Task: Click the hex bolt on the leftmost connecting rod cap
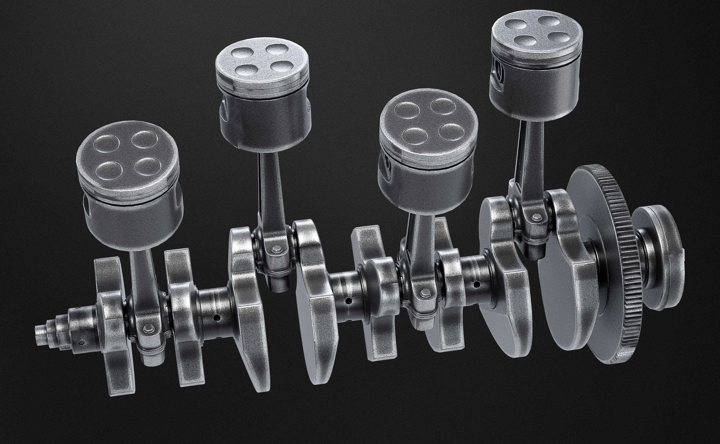(146, 327)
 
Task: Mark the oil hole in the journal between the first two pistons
(217, 318)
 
